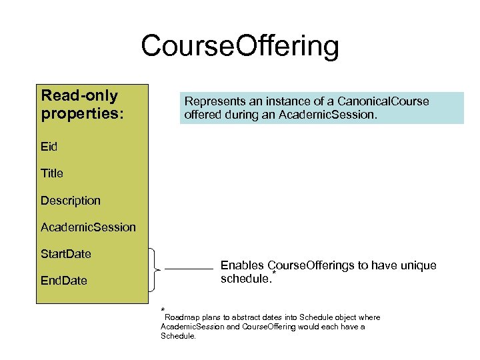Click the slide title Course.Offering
pyautogui.click(x=239, y=47)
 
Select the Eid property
pyautogui.click(x=49, y=147)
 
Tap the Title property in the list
pyautogui.click(x=51, y=173)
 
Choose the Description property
pyautogui.click(x=70, y=201)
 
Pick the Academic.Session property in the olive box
pyautogui.click(x=87, y=227)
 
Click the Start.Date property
pyautogui.click(x=65, y=254)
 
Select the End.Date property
pyautogui.click(x=63, y=281)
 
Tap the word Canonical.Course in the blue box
pyautogui.click(x=385, y=101)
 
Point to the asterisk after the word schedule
pyautogui.click(x=273, y=273)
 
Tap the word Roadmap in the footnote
pyautogui.click(x=183, y=317)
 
